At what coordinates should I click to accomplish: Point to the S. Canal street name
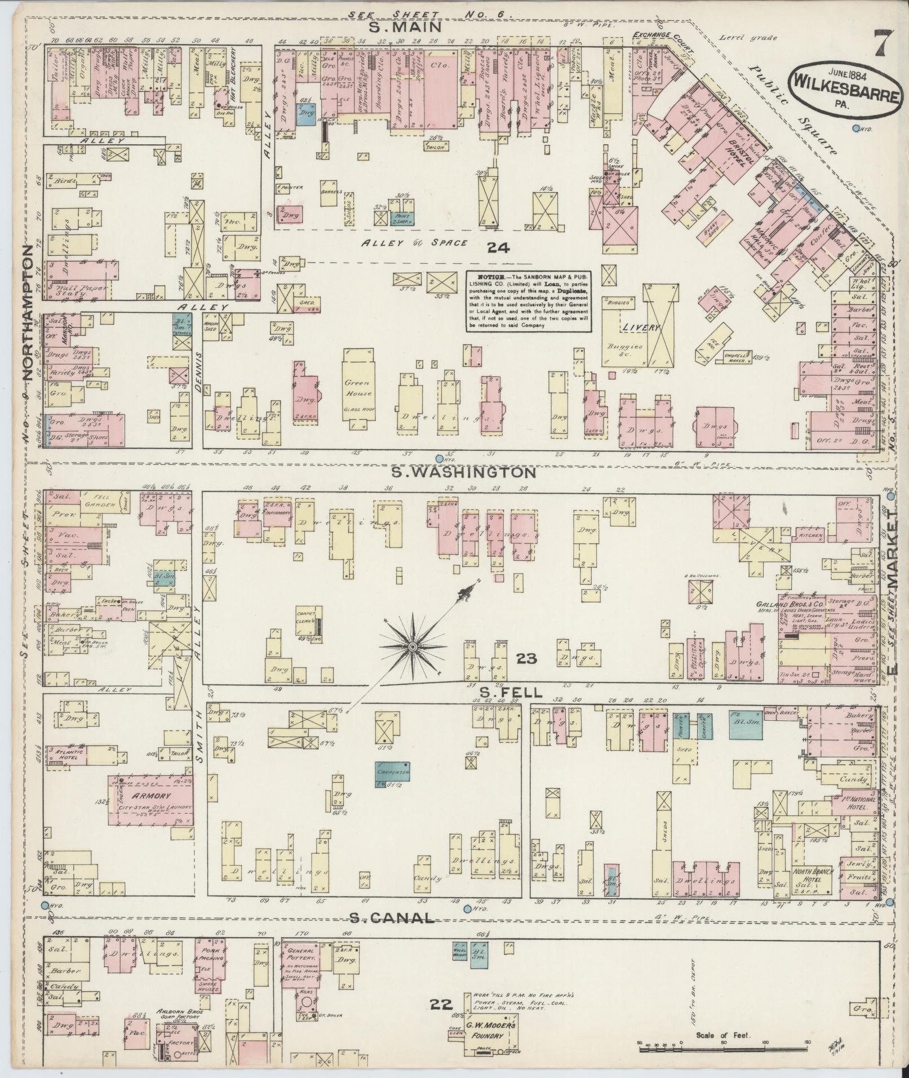point(392,918)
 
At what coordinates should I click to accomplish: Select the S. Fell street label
point(511,691)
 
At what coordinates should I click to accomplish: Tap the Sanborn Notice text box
point(528,301)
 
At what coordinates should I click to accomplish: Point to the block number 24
point(499,246)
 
